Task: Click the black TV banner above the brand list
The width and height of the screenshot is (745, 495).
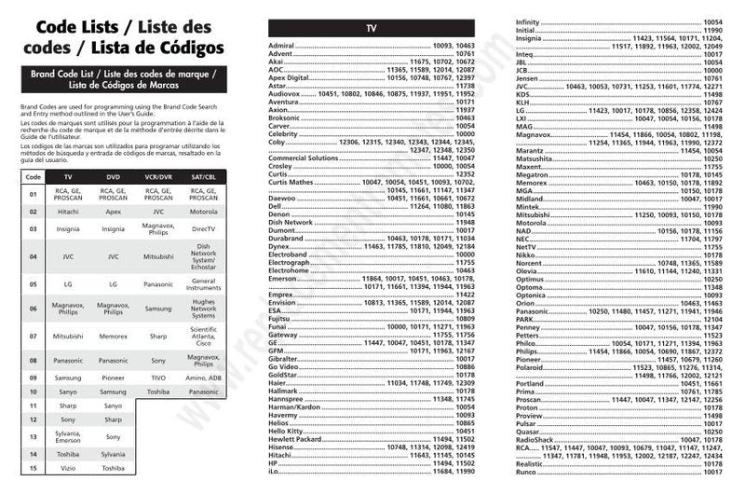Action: click(371, 29)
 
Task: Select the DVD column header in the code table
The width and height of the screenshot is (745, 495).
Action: click(113, 176)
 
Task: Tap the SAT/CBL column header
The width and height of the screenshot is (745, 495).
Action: click(203, 176)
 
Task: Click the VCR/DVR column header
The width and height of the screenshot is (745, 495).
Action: click(158, 176)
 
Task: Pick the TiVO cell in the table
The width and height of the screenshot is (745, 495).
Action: click(158, 378)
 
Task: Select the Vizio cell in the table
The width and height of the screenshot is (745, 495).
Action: click(67, 468)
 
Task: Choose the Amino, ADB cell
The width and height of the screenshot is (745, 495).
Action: click(203, 378)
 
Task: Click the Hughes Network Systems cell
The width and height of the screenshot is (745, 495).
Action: click(203, 309)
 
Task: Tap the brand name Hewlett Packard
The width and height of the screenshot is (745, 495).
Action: click(293, 439)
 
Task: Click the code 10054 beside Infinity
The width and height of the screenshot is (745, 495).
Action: click(712, 21)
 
